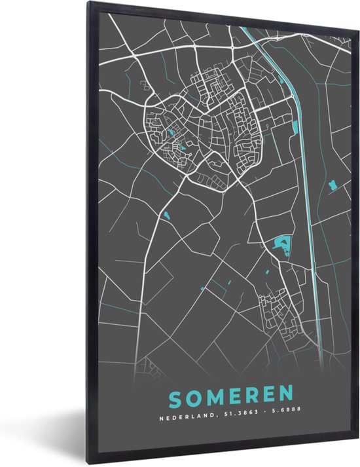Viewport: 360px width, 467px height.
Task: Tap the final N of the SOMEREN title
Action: coord(289,396)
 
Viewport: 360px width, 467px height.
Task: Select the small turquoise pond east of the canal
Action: coord(332,186)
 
